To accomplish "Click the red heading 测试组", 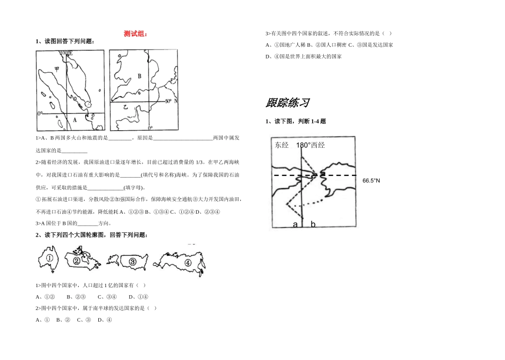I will tap(136, 34).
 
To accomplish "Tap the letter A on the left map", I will tap(75, 120).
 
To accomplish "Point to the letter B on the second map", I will tap(139, 77).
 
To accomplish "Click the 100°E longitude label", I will tap(66, 53).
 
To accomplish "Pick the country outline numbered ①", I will tap(49, 259).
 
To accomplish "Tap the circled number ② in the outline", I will tap(77, 261).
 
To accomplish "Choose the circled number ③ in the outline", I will tap(132, 262).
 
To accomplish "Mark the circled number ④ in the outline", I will tap(188, 263).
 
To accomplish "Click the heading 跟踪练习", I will tap(287, 103).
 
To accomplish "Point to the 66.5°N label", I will tap(372, 181).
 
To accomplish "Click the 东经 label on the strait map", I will tap(282, 145).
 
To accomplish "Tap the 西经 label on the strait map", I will tap(318, 145).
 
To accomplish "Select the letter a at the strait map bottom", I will tap(295, 225).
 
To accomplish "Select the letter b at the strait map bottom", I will tap(313, 225).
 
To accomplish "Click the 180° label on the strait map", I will tap(302, 145).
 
